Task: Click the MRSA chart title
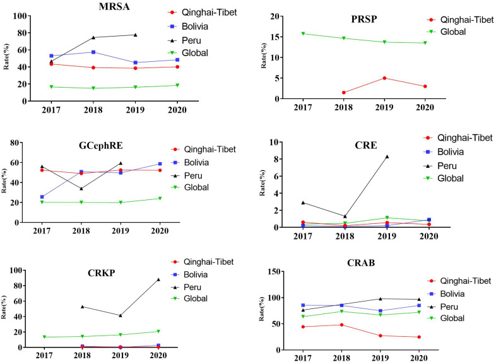114,7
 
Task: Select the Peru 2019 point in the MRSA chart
136,35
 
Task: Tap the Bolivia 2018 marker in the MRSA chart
93,52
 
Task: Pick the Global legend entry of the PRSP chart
447,32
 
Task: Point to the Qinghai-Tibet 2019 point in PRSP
384,78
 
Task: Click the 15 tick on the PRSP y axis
276,37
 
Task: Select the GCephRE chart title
100,146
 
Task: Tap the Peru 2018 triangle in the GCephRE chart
81,189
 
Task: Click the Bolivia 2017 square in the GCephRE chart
42,197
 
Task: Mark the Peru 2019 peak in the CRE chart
387,156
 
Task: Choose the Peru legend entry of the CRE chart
440,166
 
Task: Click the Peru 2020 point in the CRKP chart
158,279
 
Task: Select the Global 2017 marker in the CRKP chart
45,337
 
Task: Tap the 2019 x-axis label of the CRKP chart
120,355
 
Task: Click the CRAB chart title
361,263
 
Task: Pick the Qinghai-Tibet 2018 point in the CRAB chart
341,325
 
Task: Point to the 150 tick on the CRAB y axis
275,272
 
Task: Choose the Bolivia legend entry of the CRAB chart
446,294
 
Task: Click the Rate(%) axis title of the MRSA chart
6,57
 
